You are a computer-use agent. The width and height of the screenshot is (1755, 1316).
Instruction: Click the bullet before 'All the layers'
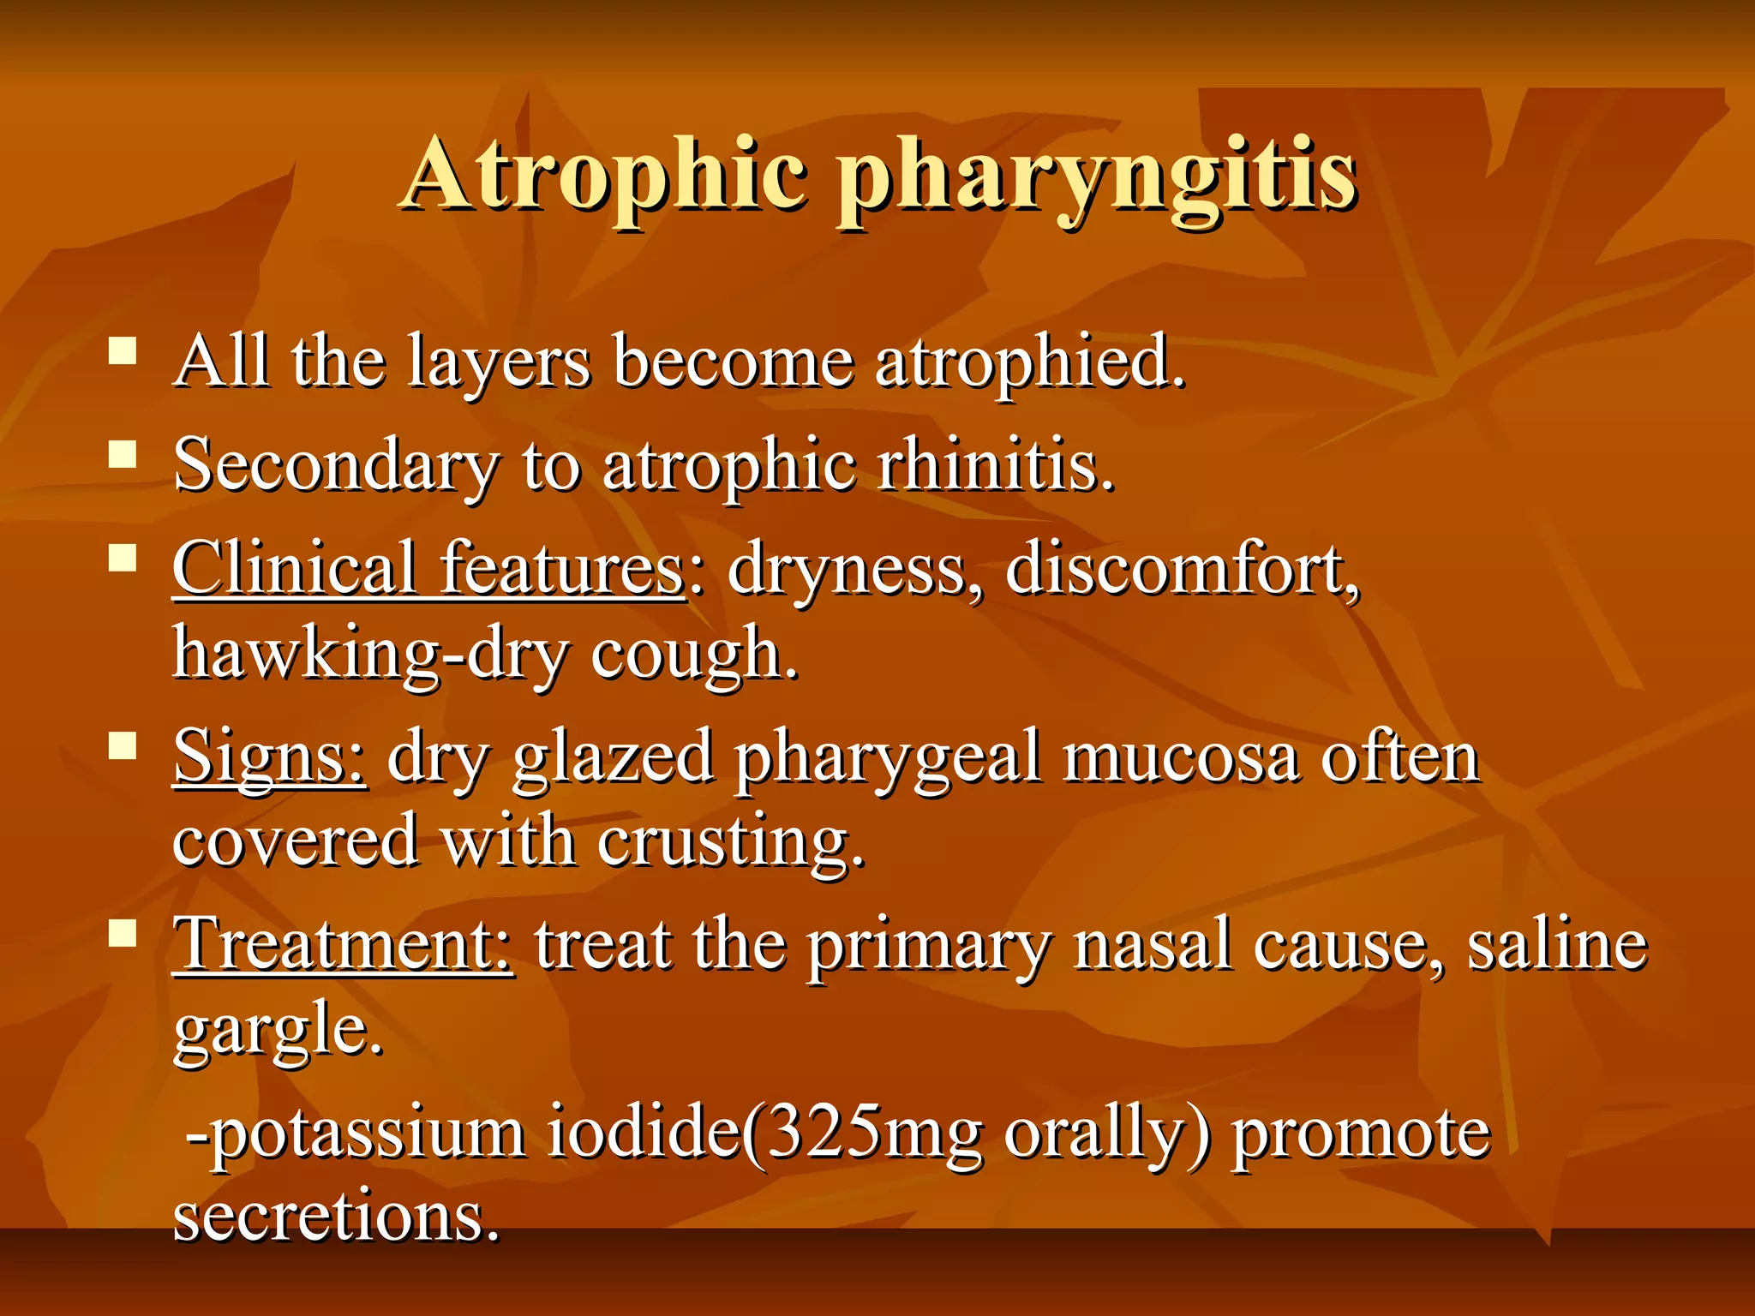tap(123, 350)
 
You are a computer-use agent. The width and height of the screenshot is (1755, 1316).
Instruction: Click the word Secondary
tap(337, 466)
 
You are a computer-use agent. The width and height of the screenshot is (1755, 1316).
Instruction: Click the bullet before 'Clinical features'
tap(123, 559)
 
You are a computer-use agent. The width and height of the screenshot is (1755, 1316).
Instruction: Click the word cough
tap(693, 655)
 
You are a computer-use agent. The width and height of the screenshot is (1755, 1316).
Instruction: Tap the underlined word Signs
tap(270, 757)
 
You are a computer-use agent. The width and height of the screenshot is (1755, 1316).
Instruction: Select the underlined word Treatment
tap(343, 945)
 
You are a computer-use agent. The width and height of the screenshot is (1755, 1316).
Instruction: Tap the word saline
tap(1557, 945)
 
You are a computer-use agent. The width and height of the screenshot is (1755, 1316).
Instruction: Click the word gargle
tap(277, 1032)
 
